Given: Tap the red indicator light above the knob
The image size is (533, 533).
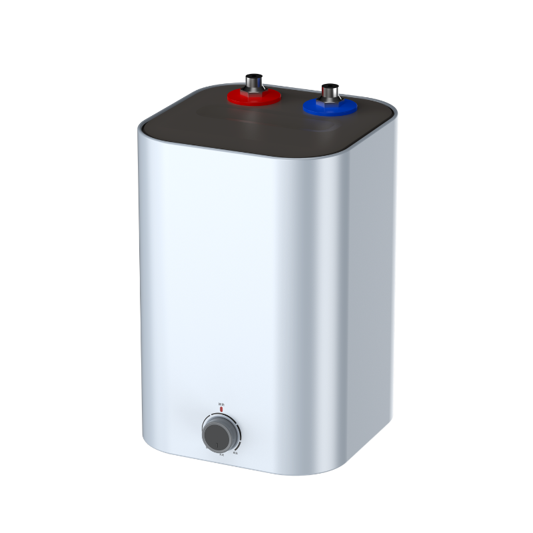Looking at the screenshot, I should coord(221,410).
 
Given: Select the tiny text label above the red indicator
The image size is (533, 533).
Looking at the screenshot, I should coord(221,404).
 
